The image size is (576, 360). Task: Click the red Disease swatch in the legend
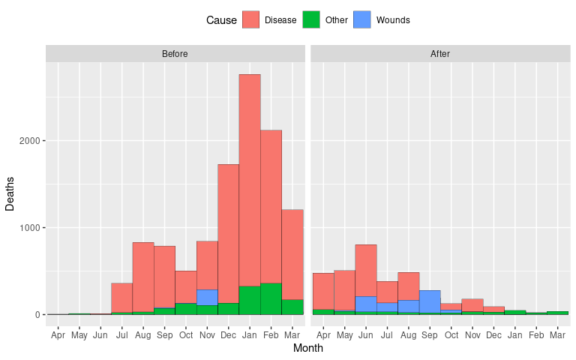coord(250,20)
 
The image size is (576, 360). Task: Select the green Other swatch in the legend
coord(311,20)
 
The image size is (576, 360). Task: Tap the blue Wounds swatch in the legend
coord(362,20)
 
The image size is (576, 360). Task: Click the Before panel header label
coord(175,54)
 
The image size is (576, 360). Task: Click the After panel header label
coord(440,54)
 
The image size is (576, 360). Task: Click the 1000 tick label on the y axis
coord(32,228)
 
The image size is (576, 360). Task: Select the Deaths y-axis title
coord(10,194)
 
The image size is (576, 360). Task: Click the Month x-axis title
coord(307,349)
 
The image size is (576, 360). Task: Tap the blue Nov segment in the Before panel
coord(207,297)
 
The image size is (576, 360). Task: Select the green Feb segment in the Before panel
coord(271,298)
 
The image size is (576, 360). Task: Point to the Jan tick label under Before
coord(250,334)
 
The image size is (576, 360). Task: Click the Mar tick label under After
coord(557,334)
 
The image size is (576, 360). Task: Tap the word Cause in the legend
coord(221,20)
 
